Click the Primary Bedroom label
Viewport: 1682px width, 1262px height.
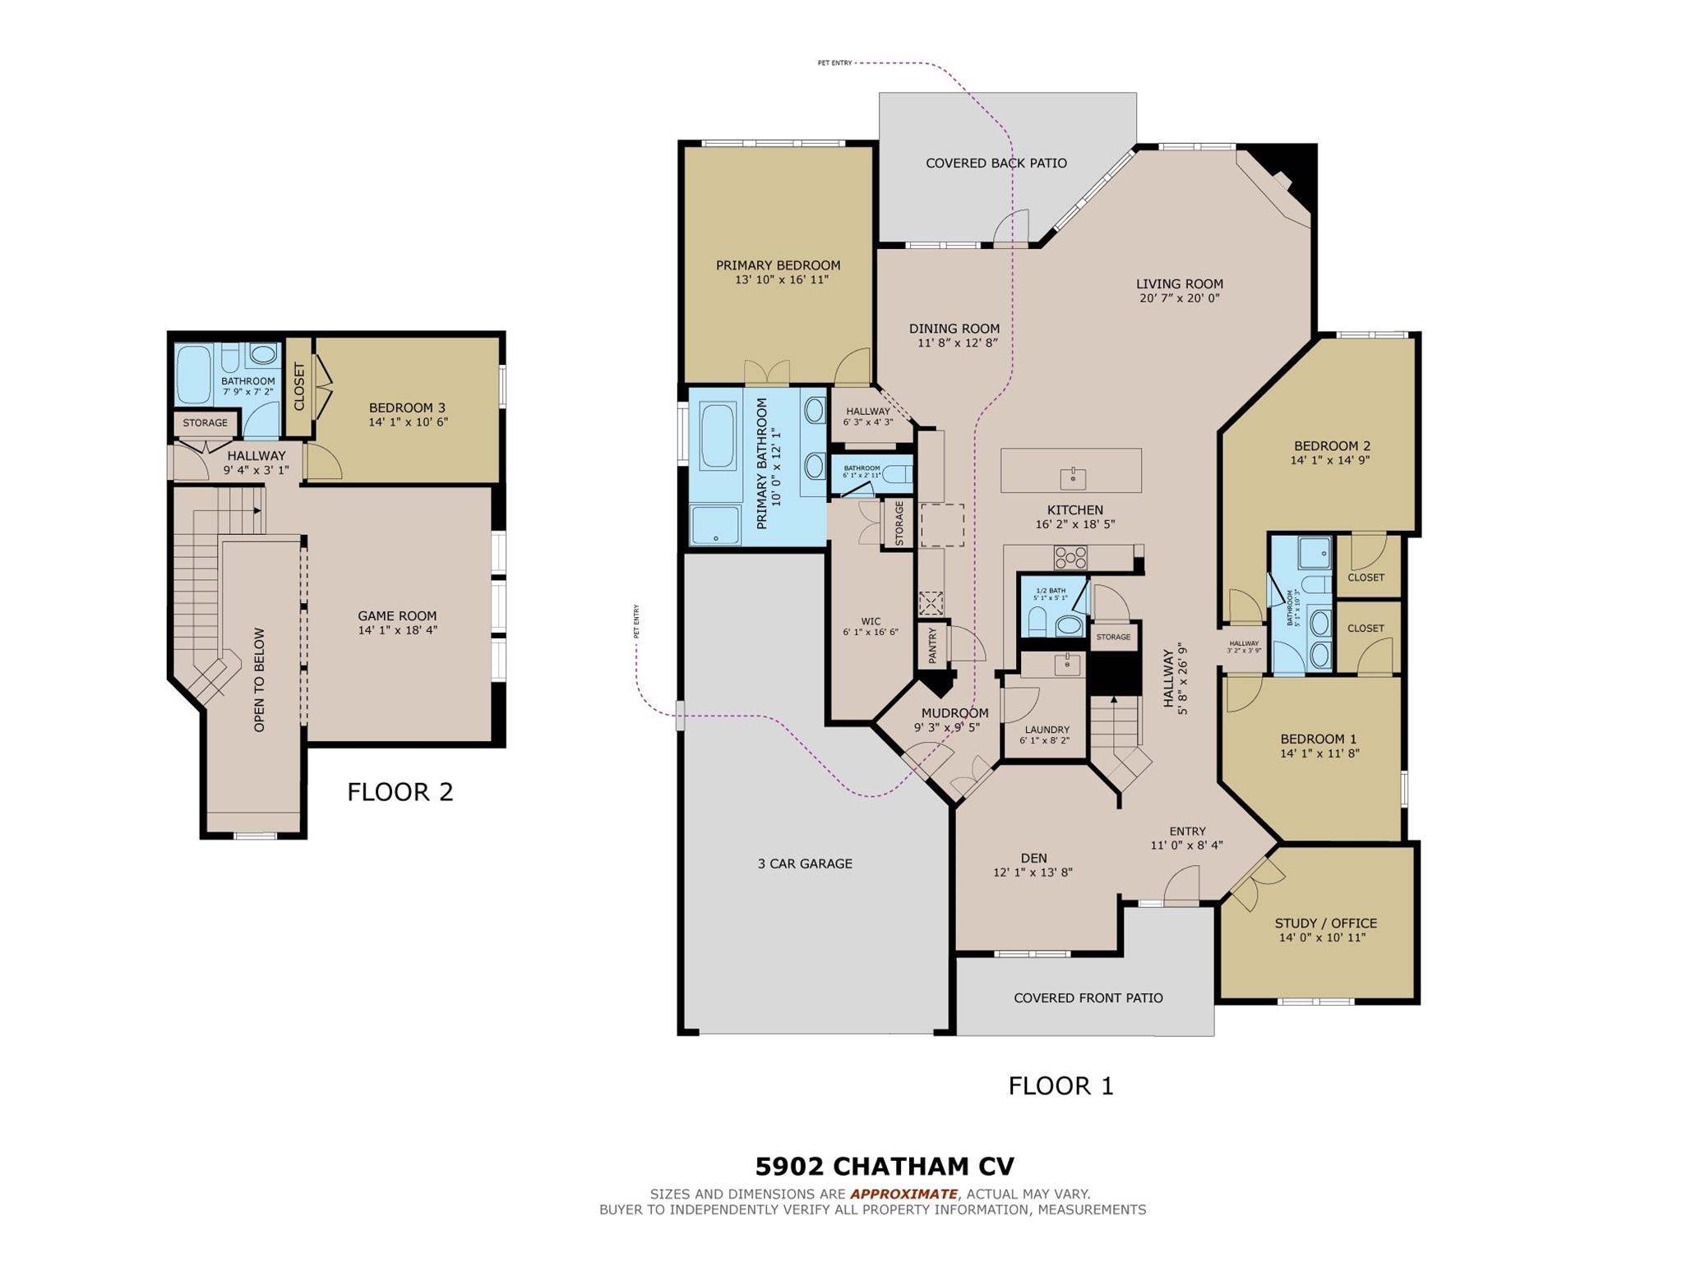point(778,265)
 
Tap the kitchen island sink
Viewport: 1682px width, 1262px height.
point(1073,477)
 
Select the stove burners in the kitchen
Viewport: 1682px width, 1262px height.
point(1070,559)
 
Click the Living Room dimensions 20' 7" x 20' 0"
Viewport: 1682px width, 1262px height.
point(1180,298)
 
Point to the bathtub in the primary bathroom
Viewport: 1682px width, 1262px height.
point(718,435)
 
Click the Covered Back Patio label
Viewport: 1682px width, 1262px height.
point(996,164)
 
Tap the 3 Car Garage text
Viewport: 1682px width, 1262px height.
point(805,864)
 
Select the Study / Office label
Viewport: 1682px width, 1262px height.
point(1325,923)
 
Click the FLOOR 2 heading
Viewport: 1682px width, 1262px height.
point(400,792)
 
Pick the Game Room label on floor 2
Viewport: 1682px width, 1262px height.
point(397,616)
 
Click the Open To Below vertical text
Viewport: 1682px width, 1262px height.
point(260,679)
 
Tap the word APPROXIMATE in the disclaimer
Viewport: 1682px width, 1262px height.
point(903,1194)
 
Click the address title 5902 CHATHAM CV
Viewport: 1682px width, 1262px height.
point(885,1167)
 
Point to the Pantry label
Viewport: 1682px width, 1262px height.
point(932,646)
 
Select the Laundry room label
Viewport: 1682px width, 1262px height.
point(1047,730)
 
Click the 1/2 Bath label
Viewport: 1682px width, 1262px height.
point(1050,591)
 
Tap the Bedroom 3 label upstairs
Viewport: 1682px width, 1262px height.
point(407,408)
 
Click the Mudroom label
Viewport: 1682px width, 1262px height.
point(954,713)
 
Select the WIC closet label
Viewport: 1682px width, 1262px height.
point(871,622)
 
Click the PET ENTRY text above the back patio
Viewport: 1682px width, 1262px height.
point(834,63)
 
